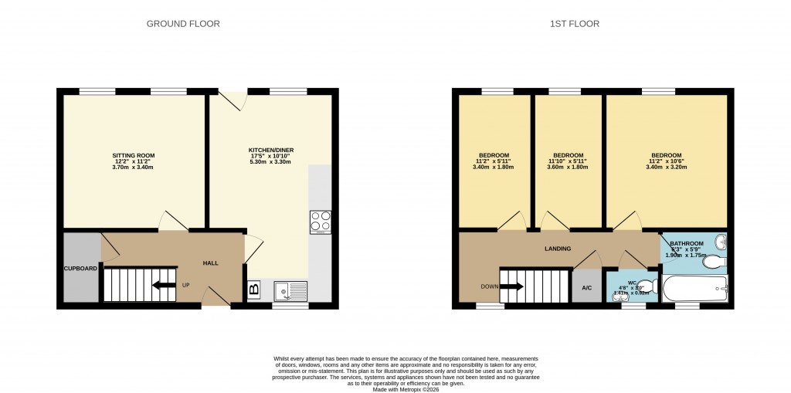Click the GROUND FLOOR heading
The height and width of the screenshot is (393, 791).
point(183,24)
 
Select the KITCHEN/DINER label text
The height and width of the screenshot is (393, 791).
point(270,150)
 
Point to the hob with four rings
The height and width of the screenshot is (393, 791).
point(320,222)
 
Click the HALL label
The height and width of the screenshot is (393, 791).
point(210,263)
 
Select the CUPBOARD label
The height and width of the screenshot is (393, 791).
point(80,269)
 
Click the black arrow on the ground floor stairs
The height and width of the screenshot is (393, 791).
point(162,285)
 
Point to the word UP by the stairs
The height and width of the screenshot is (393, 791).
point(185,285)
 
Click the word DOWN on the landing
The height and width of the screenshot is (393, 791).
point(489,286)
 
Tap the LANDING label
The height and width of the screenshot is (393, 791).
point(558,249)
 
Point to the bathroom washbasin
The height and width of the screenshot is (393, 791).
point(721,242)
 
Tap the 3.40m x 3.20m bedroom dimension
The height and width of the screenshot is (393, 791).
point(665,168)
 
